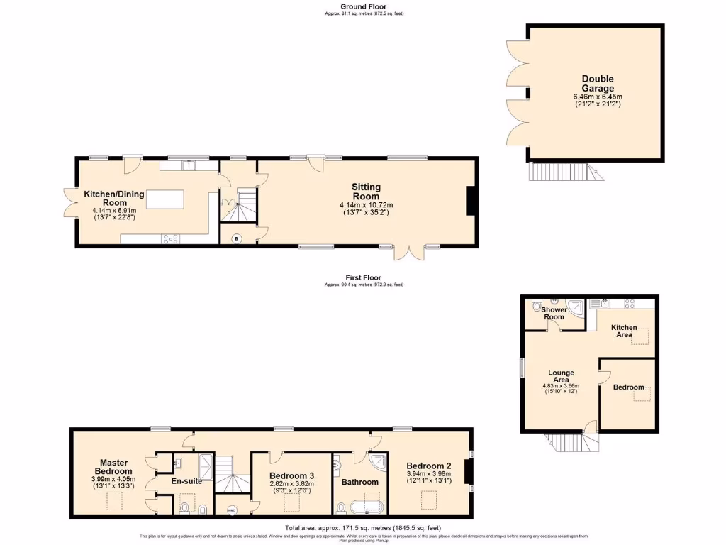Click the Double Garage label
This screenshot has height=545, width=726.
point(598,84)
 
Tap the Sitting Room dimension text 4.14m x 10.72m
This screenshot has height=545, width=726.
point(365,205)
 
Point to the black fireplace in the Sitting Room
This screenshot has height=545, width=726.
point(469,201)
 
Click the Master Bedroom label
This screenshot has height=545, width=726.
point(113,467)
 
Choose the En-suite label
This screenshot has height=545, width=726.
point(187,481)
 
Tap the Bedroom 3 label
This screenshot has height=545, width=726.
point(291,475)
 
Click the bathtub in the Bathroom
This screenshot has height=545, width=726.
point(364,507)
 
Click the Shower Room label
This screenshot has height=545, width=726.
point(554,314)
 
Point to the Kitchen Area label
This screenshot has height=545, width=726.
point(625,331)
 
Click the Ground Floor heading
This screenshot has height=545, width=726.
point(363,6)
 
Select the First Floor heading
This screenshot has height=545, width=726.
point(363,277)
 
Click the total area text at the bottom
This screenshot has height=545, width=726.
point(363,528)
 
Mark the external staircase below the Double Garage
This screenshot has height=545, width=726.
point(559,171)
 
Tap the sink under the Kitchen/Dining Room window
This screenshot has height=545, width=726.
point(189,165)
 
